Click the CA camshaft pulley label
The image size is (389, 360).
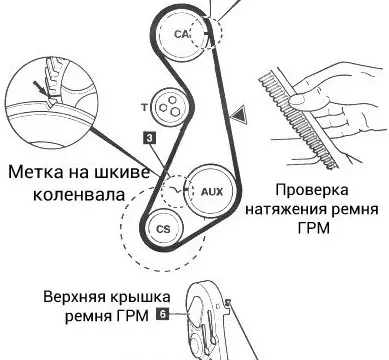[182, 34]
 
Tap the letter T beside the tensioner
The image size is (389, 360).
[144, 107]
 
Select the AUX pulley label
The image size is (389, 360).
[212, 192]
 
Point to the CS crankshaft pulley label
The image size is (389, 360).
[163, 229]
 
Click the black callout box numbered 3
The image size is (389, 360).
[150, 138]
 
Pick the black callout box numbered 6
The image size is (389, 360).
[162, 314]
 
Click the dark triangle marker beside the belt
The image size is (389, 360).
[240, 114]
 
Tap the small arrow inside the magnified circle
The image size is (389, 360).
[42, 89]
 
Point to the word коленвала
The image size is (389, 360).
[79, 194]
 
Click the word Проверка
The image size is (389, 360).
[312, 190]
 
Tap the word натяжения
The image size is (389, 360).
[286, 210]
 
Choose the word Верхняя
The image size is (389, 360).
[73, 296]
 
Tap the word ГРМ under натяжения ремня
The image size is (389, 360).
[313, 229]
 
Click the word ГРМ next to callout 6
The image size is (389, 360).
[133, 315]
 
